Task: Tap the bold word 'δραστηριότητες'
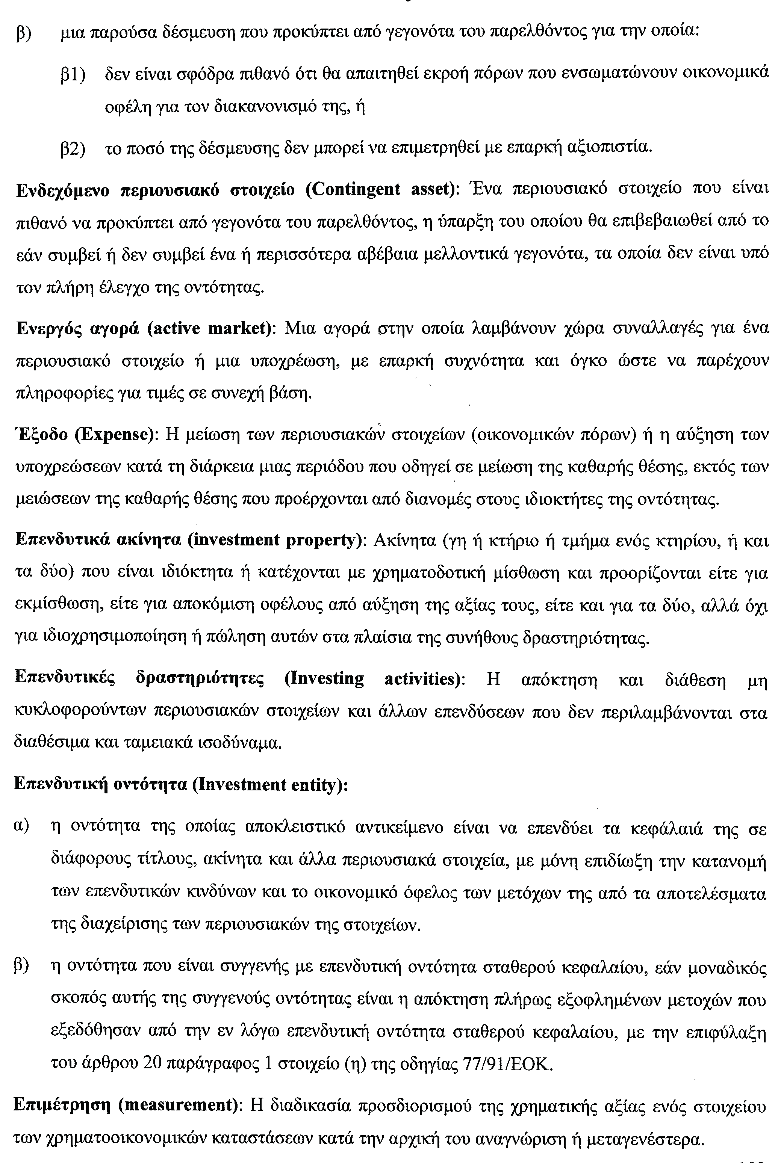pos(200,679)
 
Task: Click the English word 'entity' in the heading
pos(319,785)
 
